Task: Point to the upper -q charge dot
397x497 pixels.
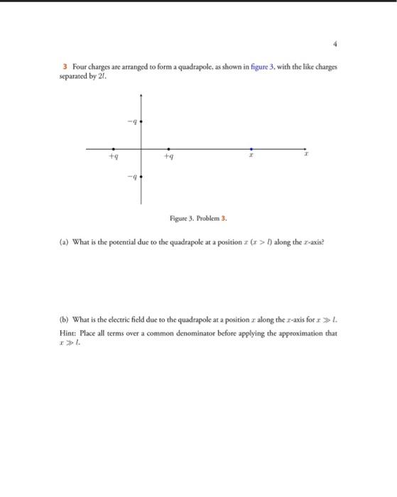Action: pos(142,122)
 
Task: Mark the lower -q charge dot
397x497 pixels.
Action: pos(142,177)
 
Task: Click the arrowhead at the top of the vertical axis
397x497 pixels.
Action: pos(142,95)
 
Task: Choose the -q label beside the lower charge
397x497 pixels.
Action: pos(132,177)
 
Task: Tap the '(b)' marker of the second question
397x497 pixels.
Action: pos(63,320)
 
